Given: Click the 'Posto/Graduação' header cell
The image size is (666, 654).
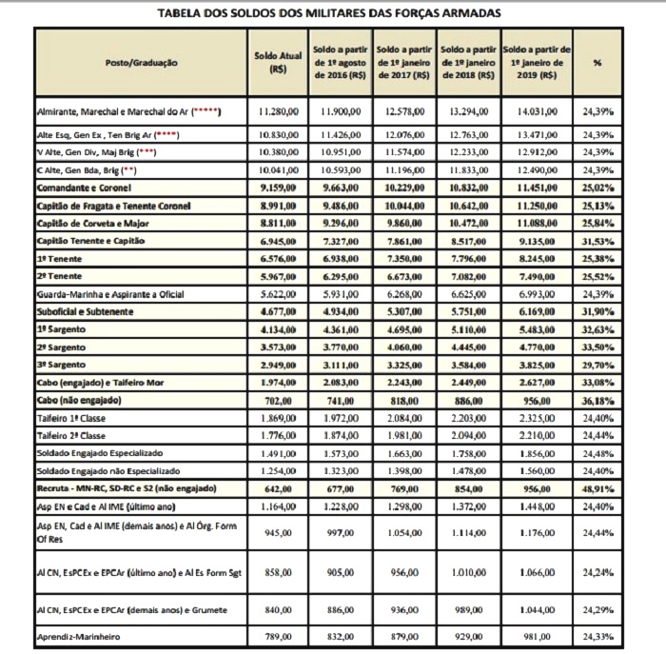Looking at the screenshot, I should [140, 62].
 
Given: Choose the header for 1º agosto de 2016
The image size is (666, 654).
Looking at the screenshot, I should [342, 62].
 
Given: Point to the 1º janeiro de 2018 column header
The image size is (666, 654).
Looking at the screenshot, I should [468, 62].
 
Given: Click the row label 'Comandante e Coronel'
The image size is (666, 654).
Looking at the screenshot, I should [86, 189].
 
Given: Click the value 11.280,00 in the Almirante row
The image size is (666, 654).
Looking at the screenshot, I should [279, 111].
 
